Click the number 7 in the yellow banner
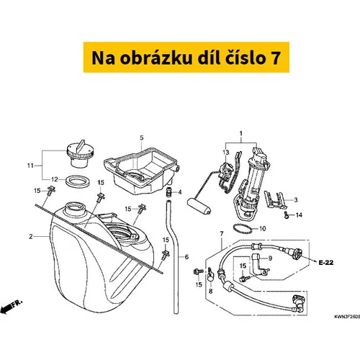pos(276,58)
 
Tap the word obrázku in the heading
pos(156,58)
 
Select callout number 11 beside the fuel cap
pos(30,166)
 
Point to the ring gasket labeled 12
pos(78,181)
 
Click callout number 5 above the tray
pos(142,138)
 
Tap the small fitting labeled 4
pos(169,192)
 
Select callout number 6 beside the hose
pos(186,257)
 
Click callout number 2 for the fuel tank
pos(31,236)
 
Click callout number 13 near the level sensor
pos(226,152)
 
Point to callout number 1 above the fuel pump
pos(241,133)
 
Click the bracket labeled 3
pos(276,199)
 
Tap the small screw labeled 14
pos(286,215)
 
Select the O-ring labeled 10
pos(243,228)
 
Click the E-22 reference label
pos(326,263)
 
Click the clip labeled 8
pos(210,274)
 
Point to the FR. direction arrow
pos(12,306)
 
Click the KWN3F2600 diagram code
pos(347,317)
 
